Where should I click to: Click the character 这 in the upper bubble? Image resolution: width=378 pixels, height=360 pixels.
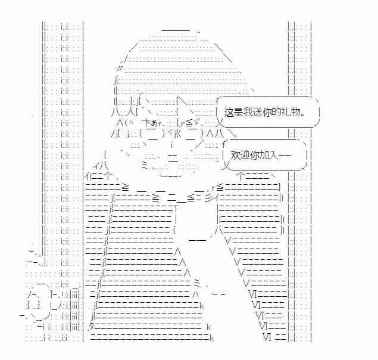[229, 112]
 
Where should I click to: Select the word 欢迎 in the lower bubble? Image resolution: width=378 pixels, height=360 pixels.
[240, 155]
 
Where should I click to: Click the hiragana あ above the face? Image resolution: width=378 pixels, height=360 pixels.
[154, 124]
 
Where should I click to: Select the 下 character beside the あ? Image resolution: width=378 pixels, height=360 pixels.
[147, 123]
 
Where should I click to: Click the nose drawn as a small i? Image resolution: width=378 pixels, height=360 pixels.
[171, 145]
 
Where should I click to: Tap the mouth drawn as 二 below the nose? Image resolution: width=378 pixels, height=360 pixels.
[173, 158]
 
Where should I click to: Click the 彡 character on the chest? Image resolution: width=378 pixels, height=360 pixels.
[209, 198]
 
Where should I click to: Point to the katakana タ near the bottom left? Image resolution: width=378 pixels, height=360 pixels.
[92, 327]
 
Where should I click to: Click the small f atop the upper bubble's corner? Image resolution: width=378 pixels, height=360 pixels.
[217, 101]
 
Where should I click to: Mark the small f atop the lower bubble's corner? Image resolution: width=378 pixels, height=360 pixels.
[223, 144]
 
